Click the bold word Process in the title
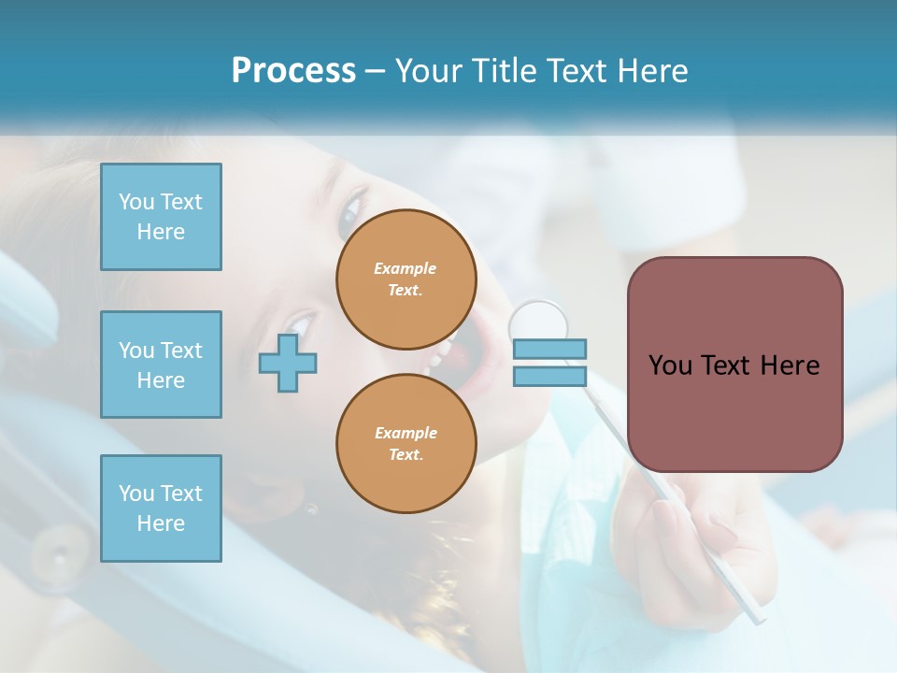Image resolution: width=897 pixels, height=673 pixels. (293, 71)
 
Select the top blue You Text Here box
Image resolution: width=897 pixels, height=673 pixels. (161, 217)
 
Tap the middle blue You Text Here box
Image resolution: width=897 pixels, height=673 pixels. (161, 365)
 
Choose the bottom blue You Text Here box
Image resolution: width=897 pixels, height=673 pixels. (161, 508)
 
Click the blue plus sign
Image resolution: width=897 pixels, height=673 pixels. (288, 364)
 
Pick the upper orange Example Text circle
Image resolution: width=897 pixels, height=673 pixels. (406, 279)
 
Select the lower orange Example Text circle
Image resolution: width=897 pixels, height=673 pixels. (406, 444)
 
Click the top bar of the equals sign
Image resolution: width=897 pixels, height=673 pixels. (549, 350)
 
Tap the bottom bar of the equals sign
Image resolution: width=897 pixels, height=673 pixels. (549, 377)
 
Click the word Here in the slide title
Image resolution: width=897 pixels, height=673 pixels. (653, 71)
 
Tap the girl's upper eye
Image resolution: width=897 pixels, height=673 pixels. (350, 212)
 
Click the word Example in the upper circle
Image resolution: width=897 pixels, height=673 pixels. (406, 268)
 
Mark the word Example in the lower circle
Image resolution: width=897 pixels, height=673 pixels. (406, 433)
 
